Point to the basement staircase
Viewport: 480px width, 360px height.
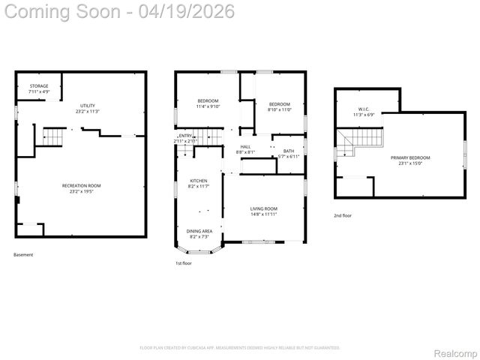(54, 136)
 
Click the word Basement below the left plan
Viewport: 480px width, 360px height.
(23, 254)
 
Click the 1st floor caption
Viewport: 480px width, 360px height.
(184, 263)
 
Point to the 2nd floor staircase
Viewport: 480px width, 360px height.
(360, 139)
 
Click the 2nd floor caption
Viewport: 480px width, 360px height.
(343, 215)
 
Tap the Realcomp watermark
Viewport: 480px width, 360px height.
(456, 352)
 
